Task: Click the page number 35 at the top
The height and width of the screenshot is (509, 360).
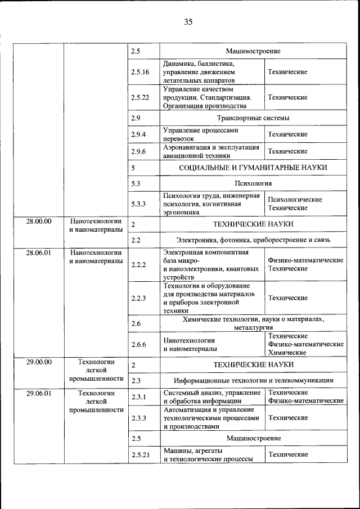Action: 188,22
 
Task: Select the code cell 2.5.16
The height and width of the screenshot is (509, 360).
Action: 140,73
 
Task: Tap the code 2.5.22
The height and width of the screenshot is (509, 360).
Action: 140,97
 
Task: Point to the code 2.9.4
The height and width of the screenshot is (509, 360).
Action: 138,134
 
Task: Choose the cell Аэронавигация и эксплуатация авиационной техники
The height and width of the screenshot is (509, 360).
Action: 211,151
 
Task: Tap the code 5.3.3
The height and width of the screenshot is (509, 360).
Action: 138,204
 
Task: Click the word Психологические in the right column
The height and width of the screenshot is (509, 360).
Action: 295,200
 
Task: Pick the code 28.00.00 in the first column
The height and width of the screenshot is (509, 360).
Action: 39,221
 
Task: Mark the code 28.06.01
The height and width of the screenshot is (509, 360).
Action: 39,253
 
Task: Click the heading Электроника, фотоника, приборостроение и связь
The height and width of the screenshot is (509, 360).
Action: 253,240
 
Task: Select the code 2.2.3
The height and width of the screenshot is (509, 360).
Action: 138,298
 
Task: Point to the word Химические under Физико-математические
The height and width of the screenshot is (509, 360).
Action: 287,353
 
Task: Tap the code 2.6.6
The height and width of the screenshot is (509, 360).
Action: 138,344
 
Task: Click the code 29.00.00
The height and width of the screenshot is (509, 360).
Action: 39,362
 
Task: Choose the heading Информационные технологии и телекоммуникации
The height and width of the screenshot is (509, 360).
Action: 253,381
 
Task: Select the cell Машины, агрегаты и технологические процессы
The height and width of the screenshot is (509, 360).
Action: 211,455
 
